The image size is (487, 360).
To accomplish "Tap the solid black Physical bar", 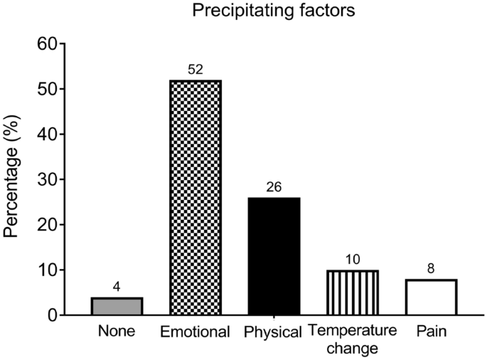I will coord(274,256).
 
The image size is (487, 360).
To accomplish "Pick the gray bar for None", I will coord(117,306).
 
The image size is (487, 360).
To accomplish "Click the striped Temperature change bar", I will coord(353,292).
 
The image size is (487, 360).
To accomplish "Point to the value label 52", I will coord(196,70).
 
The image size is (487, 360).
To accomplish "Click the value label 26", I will coord(274,187).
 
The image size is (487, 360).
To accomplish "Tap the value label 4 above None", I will coord(117,287).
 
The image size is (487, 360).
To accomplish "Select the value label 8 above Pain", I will coord(431,269).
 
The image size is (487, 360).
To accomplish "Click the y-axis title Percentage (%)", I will coord(14,179).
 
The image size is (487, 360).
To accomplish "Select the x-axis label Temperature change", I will coord(353,340).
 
